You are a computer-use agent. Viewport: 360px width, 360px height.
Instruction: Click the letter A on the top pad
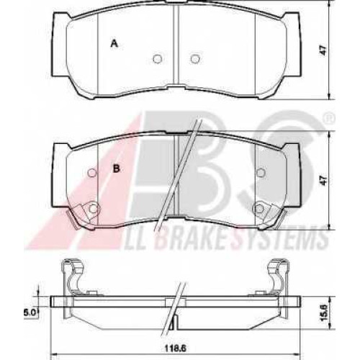point(114,43)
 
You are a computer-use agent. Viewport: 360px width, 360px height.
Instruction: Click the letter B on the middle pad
point(117,168)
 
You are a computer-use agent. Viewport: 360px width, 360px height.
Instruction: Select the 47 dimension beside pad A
point(324,50)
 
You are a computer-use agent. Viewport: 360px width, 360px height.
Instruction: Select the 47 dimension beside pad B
point(324,180)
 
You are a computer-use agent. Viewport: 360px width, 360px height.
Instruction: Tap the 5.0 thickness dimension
point(30,312)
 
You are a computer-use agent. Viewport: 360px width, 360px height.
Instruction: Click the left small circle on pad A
point(158,58)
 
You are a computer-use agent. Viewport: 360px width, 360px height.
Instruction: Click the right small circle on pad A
point(195,58)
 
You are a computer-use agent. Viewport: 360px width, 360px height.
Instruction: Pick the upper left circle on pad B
point(92,173)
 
